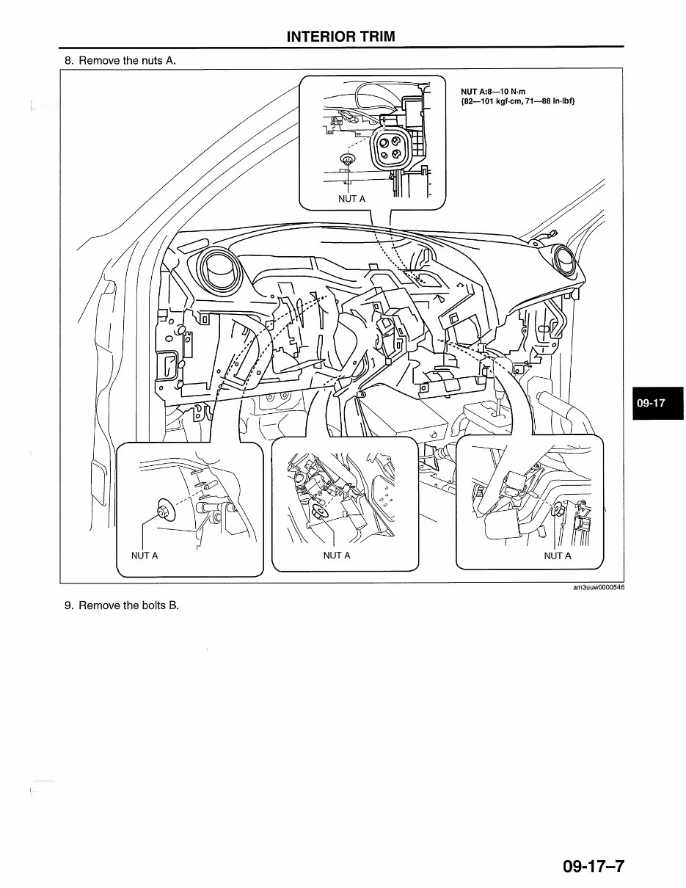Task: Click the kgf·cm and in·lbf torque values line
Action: point(518,101)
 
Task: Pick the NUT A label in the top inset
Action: point(351,199)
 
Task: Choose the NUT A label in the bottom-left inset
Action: point(145,556)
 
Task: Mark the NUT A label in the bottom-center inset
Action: point(337,556)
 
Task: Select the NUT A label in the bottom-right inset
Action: point(558,556)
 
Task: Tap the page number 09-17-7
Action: point(593,866)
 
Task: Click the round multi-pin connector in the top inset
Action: point(389,147)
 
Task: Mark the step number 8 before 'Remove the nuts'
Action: point(68,60)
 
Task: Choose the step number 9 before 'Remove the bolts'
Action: point(68,605)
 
